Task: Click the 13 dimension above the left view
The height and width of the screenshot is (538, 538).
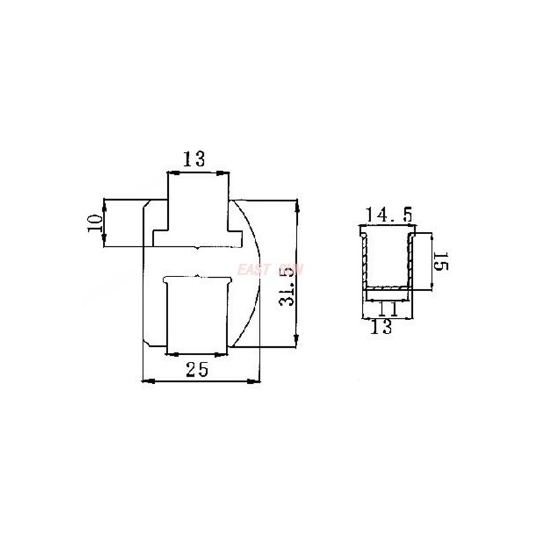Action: click(194, 159)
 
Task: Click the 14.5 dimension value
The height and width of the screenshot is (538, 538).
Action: click(389, 217)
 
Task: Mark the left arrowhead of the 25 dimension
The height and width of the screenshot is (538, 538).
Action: click(148, 381)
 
